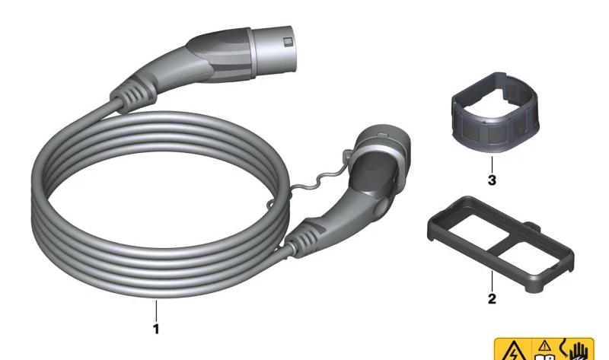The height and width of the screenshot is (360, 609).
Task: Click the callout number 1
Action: click(x=156, y=329)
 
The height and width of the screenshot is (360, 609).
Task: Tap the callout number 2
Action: click(x=492, y=298)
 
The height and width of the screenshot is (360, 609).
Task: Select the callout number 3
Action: click(x=492, y=180)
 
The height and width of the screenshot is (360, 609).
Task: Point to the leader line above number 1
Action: click(x=157, y=311)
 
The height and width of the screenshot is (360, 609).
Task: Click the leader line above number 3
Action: click(x=492, y=164)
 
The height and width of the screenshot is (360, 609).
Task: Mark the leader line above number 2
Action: click(x=492, y=280)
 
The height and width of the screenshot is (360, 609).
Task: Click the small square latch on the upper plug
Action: click(x=288, y=42)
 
